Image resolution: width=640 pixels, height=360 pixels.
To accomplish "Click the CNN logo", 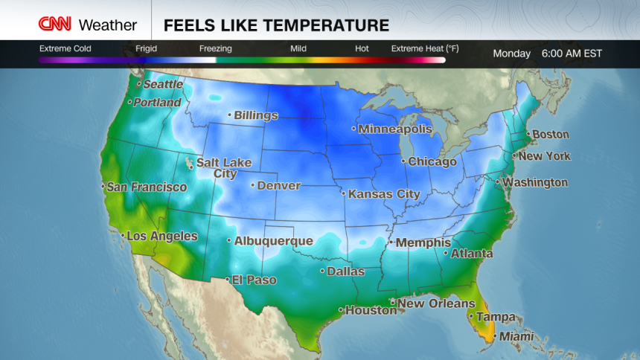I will coord(56,25).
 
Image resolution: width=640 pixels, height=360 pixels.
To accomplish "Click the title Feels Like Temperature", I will coord(276,25).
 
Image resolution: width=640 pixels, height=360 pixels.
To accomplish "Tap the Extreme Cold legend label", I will coord(65,48).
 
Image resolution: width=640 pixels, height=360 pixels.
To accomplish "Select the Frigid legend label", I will coord(146,48).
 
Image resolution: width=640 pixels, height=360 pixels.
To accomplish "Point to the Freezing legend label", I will coord(215,48).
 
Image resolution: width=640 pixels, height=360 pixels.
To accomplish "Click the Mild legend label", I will coord(298,48).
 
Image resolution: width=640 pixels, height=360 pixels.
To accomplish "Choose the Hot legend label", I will coord(362,48).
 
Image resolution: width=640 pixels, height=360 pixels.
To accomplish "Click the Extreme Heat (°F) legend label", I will coord(425,48).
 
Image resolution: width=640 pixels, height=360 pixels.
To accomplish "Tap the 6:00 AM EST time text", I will coord(572,54).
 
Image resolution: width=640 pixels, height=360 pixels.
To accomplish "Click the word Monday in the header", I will coord(512,54).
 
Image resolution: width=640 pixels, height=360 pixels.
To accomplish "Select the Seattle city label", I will coord(164,85).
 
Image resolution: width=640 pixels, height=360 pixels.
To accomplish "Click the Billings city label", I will coord(255,115).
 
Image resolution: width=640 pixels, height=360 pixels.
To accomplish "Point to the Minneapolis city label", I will coord(394,129).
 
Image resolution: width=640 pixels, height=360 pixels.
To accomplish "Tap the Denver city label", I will coord(278,185).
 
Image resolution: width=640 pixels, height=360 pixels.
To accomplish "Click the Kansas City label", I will coord(384,193).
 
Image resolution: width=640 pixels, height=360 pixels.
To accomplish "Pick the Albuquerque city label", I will coord(273,240).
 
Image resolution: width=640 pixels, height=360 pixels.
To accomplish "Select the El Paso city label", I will coord(254,280).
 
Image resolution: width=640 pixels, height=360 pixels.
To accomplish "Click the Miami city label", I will coord(516,336).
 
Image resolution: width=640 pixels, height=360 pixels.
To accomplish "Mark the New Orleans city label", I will coord(435,303).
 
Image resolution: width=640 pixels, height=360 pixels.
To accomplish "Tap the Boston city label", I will coord(551,135).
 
